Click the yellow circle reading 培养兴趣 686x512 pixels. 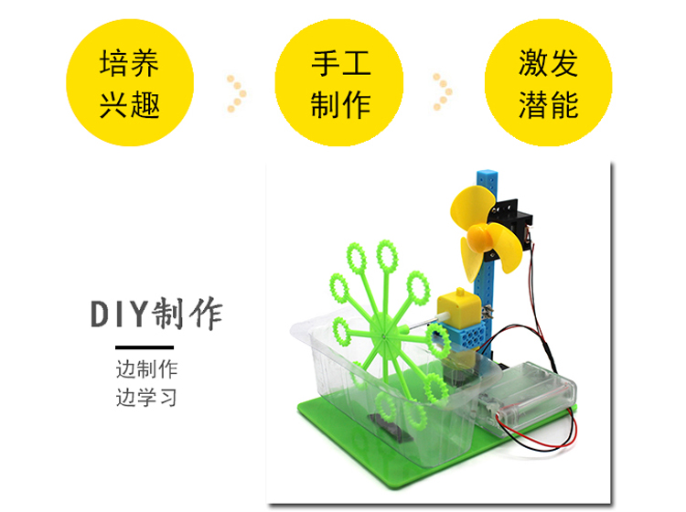tap(130, 83)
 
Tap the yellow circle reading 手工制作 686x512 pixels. tap(339, 83)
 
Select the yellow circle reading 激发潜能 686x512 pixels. tap(548, 83)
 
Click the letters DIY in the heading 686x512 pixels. tap(120, 315)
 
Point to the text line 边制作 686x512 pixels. tap(146, 370)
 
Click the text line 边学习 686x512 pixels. tap(146, 398)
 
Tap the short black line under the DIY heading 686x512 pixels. tap(144, 347)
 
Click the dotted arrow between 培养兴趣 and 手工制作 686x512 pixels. tap(236, 92)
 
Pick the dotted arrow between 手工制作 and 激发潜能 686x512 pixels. tap(444, 92)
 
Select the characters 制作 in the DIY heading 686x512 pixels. tap(189, 315)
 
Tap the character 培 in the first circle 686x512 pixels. tap(114, 64)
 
